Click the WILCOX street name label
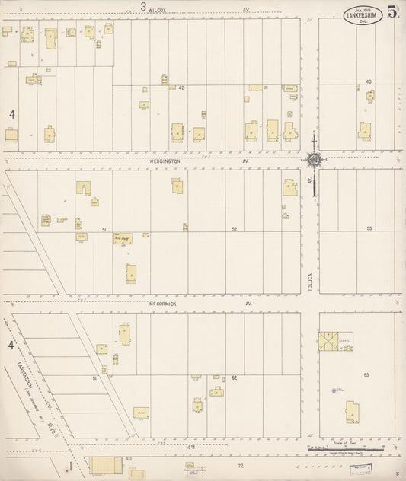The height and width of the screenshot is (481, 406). pyautogui.click(x=158, y=10)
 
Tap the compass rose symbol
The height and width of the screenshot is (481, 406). pyautogui.click(x=313, y=160)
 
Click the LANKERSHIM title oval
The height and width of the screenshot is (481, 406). pyautogui.click(x=362, y=17)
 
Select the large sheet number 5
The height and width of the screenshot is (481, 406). pyautogui.click(x=392, y=12)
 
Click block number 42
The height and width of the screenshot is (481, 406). pyautogui.click(x=181, y=88)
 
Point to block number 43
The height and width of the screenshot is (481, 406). pyautogui.click(x=368, y=81)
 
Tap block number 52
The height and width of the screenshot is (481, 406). pyautogui.click(x=235, y=228)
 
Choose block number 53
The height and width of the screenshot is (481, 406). pyautogui.click(x=369, y=228)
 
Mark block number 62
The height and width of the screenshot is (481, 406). pyautogui.click(x=235, y=377)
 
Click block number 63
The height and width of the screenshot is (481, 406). pyautogui.click(x=366, y=375)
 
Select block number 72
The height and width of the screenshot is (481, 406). pyautogui.click(x=239, y=464)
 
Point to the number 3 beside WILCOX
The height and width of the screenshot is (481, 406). pyautogui.click(x=142, y=8)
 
